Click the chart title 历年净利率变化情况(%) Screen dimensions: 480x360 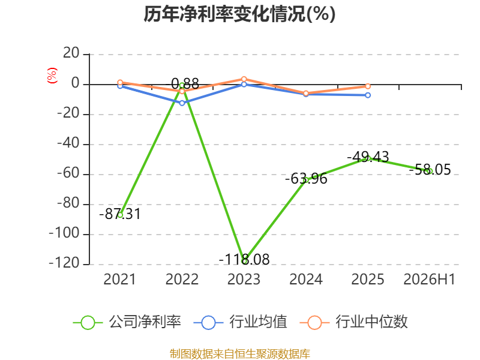tap(239, 14)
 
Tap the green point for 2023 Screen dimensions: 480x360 tap(244, 261)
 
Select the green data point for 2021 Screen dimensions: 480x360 tap(120, 215)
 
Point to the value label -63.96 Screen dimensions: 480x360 tap(306, 179)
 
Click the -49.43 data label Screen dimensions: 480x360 tap(368, 157)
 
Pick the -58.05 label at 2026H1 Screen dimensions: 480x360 tap(430, 170)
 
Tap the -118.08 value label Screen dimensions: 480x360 tap(244, 260)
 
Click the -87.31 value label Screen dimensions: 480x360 tap(120, 214)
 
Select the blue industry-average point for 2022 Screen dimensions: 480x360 tap(182, 103)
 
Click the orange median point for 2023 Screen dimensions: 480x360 tap(244, 79)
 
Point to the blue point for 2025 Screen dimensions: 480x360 tap(368, 95)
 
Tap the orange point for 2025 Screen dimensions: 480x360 tap(368, 86)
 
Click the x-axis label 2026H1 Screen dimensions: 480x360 tap(430, 280)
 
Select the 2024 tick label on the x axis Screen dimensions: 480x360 tap(306, 280)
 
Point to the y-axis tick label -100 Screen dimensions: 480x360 tap(64, 233)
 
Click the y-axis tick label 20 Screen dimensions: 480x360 tap(71, 53)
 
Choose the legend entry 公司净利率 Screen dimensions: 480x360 tap(127, 322)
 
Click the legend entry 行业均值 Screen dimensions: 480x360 tap(241, 322)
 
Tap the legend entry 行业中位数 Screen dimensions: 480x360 tap(354, 322)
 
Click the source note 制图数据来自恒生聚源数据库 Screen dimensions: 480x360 tap(240, 354)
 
